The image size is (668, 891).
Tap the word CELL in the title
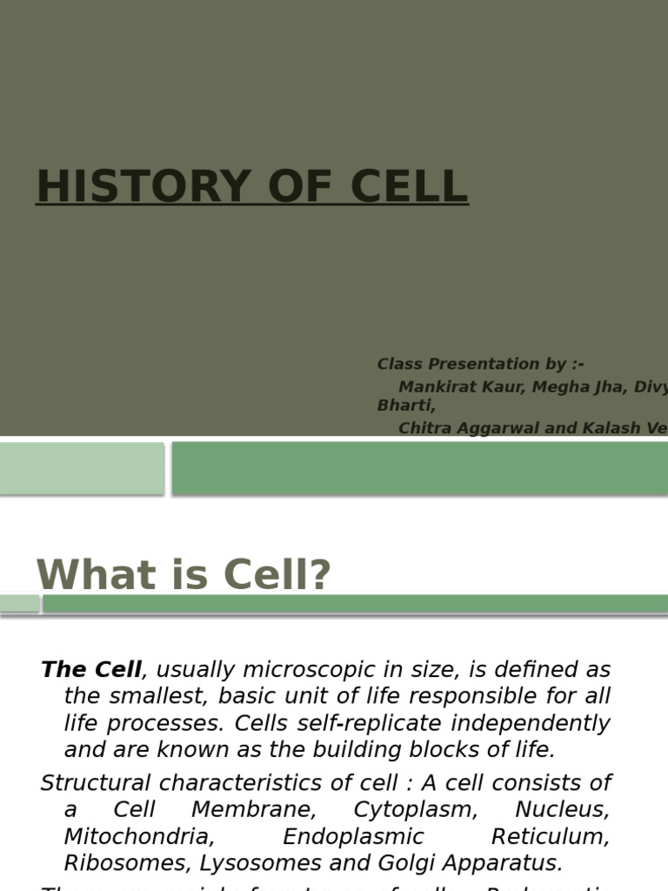click(409, 186)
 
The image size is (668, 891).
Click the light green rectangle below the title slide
click(81, 468)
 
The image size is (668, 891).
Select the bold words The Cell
click(90, 670)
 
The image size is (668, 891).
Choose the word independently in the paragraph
click(547, 723)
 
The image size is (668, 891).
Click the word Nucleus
click(562, 809)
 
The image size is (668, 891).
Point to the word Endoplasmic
click(353, 836)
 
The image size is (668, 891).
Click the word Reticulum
click(550, 836)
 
